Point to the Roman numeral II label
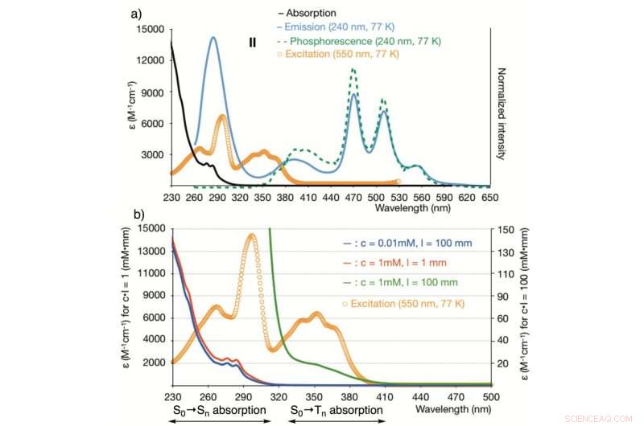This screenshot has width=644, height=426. coord(253,43)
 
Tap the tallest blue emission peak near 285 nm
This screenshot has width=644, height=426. coord(213,37)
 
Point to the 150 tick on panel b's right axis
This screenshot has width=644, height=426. coord(510,229)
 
